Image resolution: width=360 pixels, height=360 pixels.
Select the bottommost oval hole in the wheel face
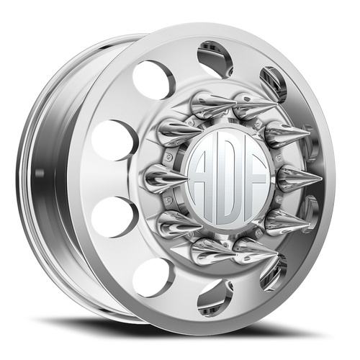[x=215, y=297]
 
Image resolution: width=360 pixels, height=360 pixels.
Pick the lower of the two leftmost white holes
[x=114, y=216]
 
